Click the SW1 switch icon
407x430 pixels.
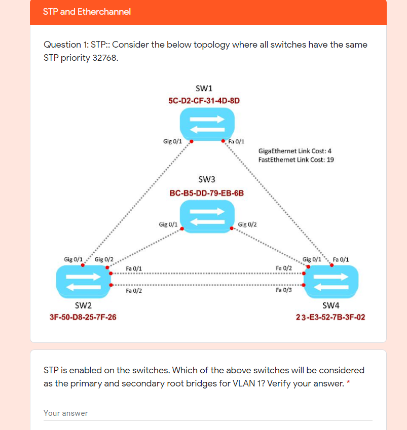207,123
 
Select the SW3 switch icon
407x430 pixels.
207,216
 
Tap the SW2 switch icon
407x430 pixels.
83,282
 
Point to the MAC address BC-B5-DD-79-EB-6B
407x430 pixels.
207,193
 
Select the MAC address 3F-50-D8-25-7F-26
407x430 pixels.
83,318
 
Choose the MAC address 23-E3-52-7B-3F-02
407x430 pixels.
330,318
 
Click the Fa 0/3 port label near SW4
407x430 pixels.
284,290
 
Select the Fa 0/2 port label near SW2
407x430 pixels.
134,291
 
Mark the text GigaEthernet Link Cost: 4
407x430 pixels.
295,151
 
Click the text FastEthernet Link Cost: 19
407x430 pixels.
296,160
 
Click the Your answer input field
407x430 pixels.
208,413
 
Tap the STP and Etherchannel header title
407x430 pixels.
87,12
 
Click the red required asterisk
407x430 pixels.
348,383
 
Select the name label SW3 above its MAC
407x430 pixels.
207,179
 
